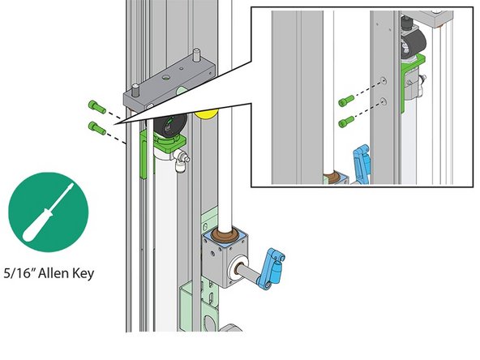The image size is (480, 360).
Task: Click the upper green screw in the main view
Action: [95, 106]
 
